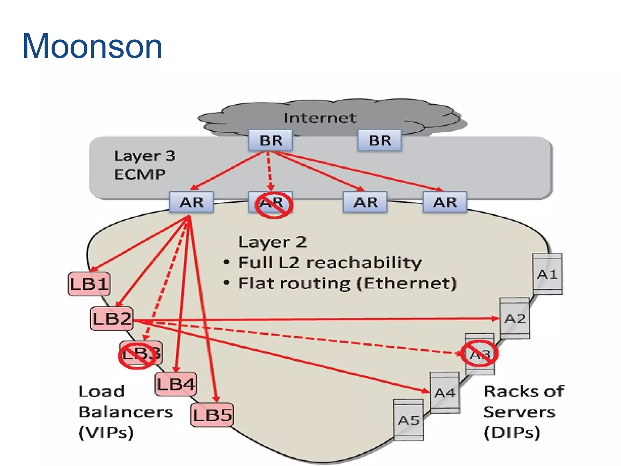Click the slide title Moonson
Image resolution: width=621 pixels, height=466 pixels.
(x=92, y=46)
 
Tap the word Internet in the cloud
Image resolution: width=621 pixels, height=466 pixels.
(x=320, y=118)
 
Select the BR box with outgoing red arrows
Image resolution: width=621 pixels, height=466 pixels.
(x=270, y=140)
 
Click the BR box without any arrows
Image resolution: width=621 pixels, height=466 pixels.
(x=380, y=140)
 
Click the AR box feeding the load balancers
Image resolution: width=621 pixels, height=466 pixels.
(x=191, y=202)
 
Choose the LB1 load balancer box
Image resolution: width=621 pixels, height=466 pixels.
(x=89, y=284)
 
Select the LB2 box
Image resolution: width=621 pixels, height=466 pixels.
(x=112, y=319)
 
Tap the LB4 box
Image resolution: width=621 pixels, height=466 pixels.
(x=176, y=384)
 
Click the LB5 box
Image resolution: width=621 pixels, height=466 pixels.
(x=212, y=415)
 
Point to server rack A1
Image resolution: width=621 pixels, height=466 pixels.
(x=547, y=274)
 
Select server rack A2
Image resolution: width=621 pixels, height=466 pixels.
(x=515, y=319)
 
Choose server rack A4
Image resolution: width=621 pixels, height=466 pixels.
(x=445, y=393)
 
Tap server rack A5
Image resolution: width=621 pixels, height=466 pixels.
(x=408, y=420)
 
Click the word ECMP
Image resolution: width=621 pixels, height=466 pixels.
(x=139, y=174)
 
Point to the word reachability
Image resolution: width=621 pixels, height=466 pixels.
(x=364, y=262)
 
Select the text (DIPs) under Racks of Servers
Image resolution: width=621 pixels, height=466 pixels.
(x=512, y=432)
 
